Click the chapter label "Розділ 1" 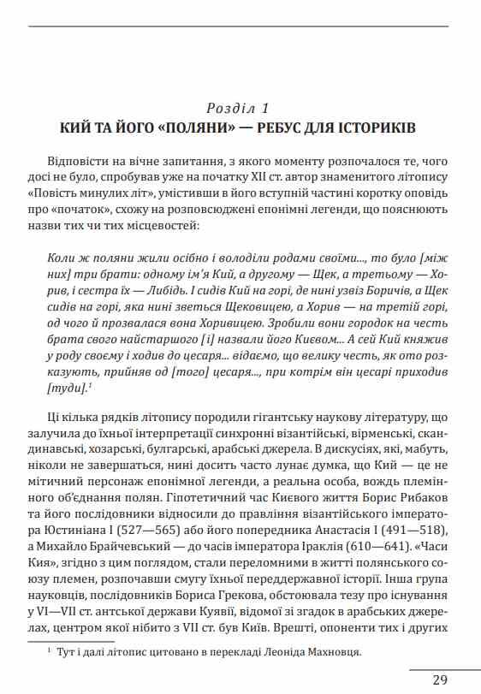tap(239, 109)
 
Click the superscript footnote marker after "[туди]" tap(90, 378)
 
